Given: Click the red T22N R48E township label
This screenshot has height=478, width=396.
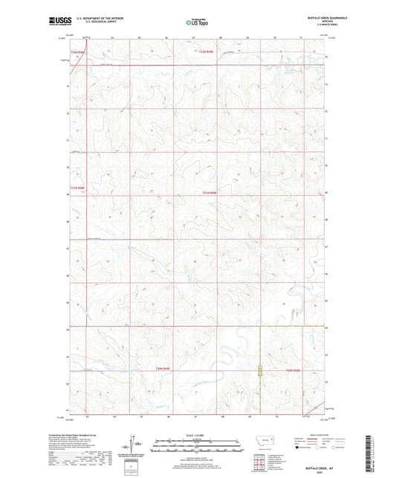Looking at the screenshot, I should click(x=77, y=51).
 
